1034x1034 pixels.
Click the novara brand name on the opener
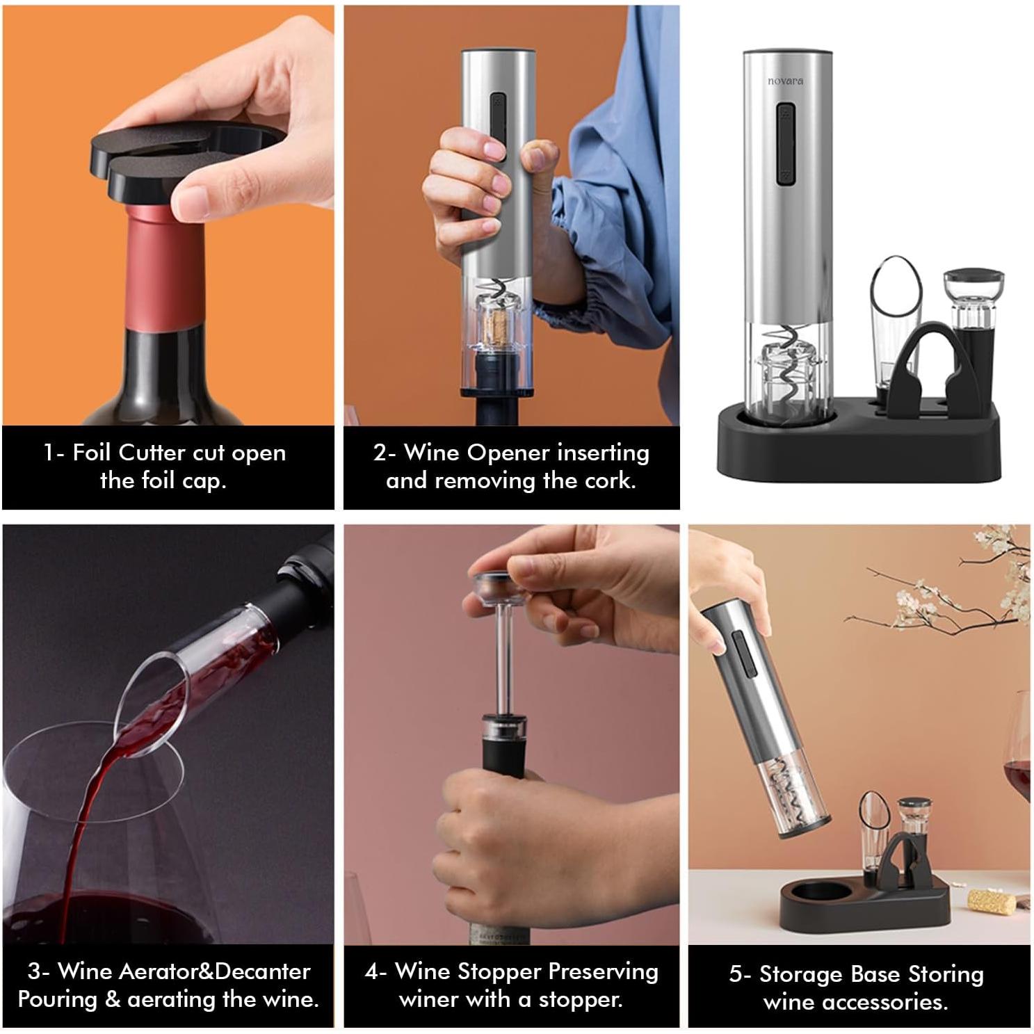(x=785, y=81)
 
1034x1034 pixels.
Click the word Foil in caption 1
(x=93, y=453)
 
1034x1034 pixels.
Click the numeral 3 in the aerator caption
(x=33, y=971)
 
